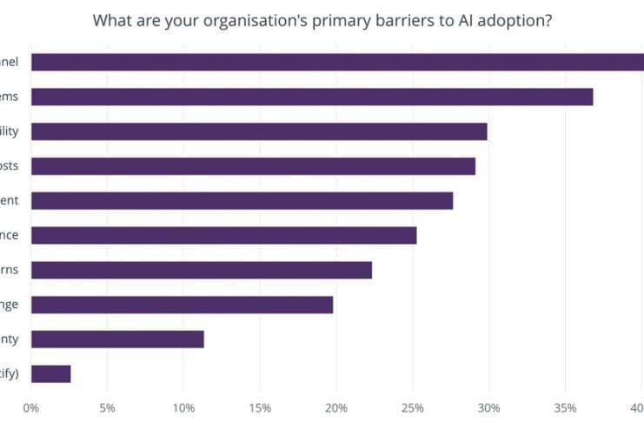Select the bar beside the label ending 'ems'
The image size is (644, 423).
(312, 97)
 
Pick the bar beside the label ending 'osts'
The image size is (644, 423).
(253, 165)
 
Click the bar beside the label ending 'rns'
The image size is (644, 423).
(201, 270)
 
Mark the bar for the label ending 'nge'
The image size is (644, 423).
(182, 305)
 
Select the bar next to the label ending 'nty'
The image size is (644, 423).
(117, 339)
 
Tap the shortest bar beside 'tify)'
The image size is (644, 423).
(50, 374)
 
